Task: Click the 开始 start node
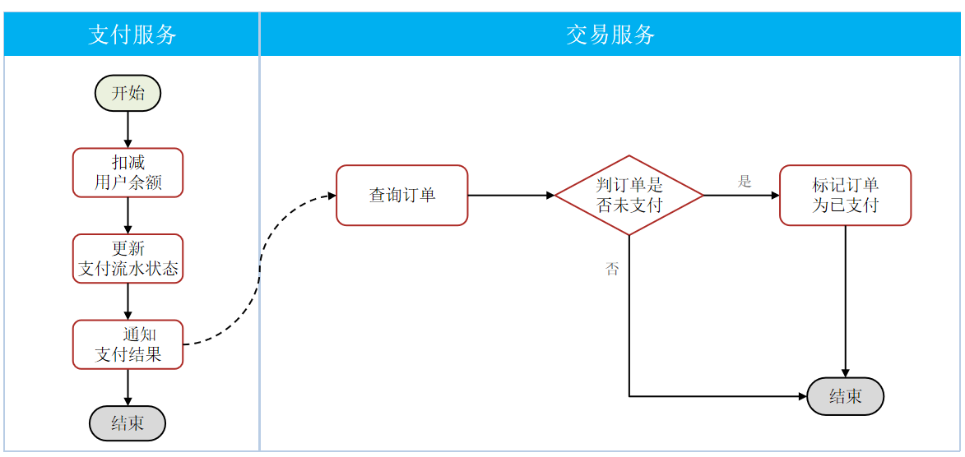point(128,93)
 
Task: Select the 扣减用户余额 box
point(128,173)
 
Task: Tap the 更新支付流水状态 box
point(128,259)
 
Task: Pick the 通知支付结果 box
point(128,344)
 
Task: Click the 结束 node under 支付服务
point(128,423)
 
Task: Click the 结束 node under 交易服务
point(845,397)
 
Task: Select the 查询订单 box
point(401,196)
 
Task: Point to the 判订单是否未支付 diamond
point(629,196)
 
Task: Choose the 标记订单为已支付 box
point(845,196)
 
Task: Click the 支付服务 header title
point(132,35)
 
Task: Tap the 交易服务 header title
point(610,35)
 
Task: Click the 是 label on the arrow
point(745,182)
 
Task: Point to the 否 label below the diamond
point(612,270)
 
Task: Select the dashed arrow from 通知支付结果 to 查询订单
point(261,263)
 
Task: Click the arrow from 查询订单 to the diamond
point(510,196)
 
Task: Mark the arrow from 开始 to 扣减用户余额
point(128,129)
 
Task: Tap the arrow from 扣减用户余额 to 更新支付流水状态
point(128,215)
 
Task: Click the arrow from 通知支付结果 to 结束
point(128,387)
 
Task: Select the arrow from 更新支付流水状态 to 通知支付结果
point(128,302)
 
